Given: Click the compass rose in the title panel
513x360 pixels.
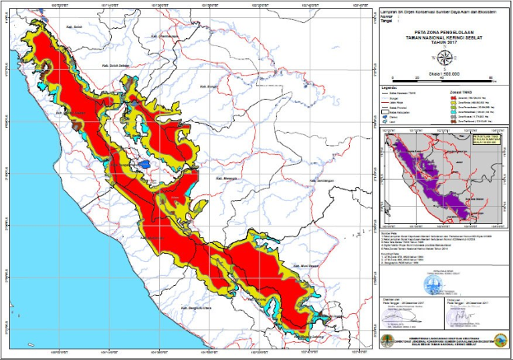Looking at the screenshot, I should tap(444, 57).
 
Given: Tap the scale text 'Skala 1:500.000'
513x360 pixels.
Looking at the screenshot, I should tap(443, 73).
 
